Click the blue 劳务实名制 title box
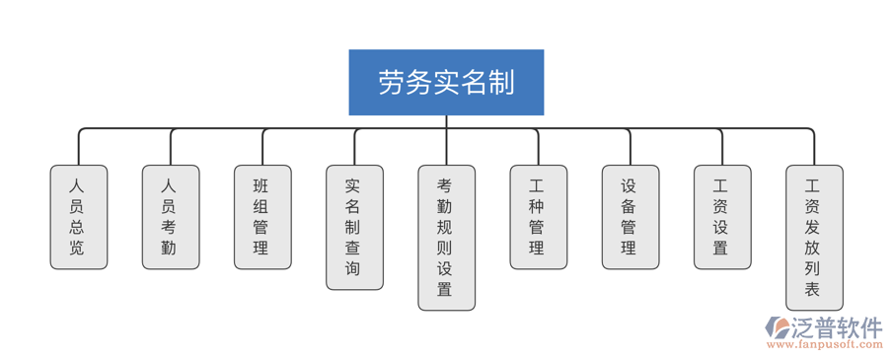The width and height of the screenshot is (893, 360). pyautogui.click(x=446, y=83)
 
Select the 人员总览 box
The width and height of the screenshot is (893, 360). pyautogui.click(x=79, y=217)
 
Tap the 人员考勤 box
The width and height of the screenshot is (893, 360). pyautogui.click(x=171, y=217)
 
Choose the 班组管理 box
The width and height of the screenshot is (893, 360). pyautogui.click(x=262, y=217)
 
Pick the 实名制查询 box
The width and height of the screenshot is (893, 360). pyautogui.click(x=354, y=227)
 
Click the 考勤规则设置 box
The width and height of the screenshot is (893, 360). pyautogui.click(x=446, y=238)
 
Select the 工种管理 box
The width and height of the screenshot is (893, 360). pyautogui.click(x=538, y=217)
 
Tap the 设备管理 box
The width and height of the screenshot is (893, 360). pyautogui.click(x=631, y=217)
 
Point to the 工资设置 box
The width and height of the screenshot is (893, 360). pyautogui.click(x=722, y=217)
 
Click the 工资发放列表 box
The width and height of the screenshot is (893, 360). pyautogui.click(x=814, y=238)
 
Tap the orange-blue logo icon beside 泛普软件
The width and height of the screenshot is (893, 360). pyautogui.click(x=778, y=328)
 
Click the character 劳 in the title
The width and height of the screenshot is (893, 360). pyautogui.click(x=392, y=83)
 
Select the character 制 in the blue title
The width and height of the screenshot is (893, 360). pyautogui.click(x=501, y=83)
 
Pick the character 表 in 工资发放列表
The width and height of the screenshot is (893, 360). pyautogui.click(x=814, y=290)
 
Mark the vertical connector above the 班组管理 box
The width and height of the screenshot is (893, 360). pyautogui.click(x=262, y=148)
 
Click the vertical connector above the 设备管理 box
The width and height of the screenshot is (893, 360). pyautogui.click(x=631, y=148)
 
